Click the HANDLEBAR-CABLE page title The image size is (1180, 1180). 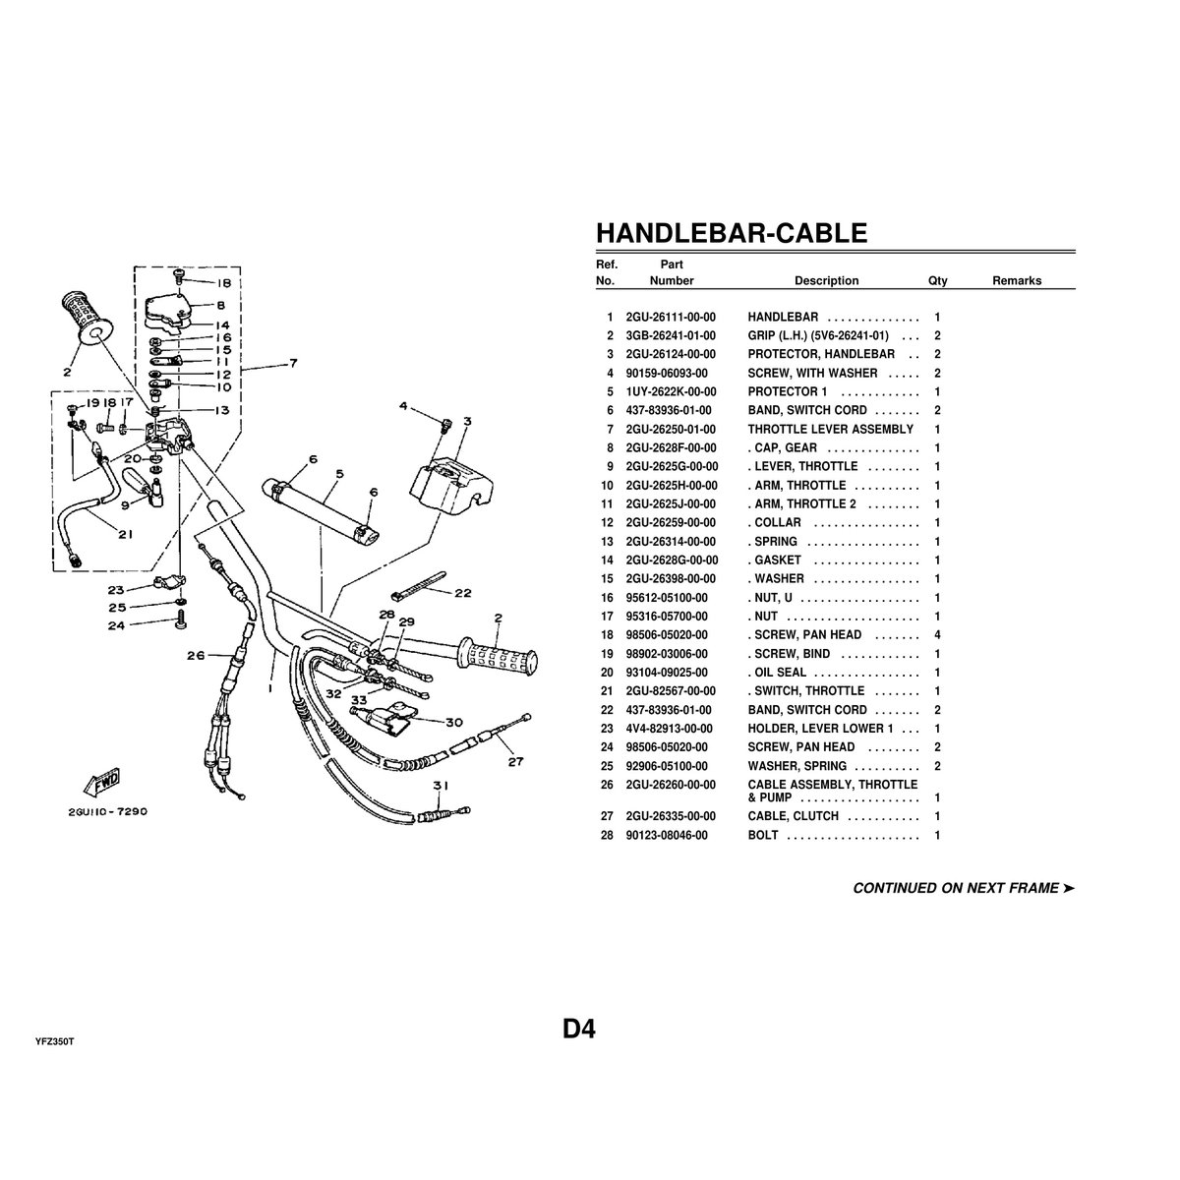coord(732,233)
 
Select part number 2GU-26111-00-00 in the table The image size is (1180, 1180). coord(671,318)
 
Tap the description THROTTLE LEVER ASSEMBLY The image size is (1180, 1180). coord(830,430)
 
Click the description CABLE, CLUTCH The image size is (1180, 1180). coord(794,816)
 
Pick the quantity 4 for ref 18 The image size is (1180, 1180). coord(937,635)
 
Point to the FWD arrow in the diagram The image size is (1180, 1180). coord(101,783)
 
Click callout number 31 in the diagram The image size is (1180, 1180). coord(440,785)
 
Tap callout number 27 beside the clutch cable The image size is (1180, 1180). coord(516,760)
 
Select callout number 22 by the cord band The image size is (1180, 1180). coord(462,593)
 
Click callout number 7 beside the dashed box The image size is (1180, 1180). coord(293,365)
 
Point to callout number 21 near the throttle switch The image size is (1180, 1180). coord(125,535)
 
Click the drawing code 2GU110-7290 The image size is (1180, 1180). coord(108,812)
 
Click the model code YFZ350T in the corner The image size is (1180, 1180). coord(54,1040)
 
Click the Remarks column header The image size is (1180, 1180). coord(1016,280)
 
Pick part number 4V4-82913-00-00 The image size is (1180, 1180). coord(671,729)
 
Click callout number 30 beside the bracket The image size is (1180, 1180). coord(453,722)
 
